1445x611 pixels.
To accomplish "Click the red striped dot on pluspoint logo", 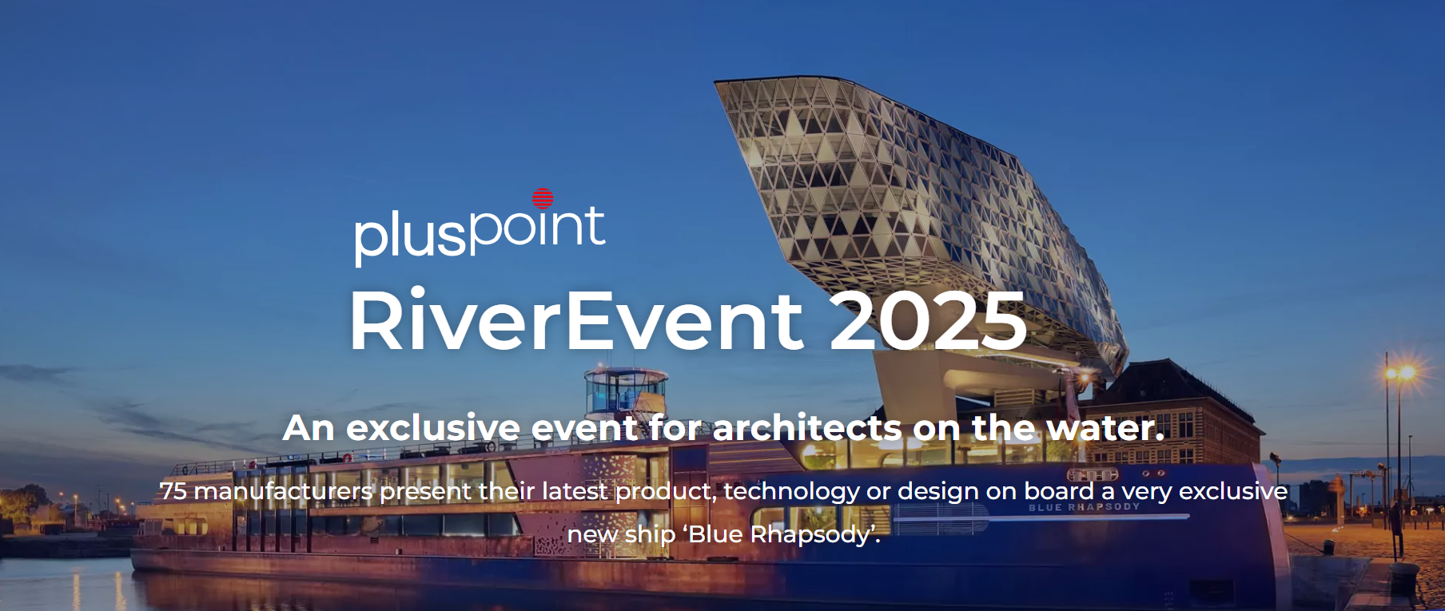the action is [x=543, y=198].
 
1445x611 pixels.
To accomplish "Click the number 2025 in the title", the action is [x=928, y=320].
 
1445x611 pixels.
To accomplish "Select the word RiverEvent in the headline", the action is [x=576, y=320].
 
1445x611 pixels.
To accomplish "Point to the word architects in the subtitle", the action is [x=807, y=428].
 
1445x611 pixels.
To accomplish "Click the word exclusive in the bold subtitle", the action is [x=433, y=428].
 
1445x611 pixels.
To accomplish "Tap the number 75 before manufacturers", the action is [x=173, y=490].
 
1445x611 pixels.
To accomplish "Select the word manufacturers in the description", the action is [x=283, y=490].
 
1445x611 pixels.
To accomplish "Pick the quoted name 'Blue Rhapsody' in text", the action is [x=780, y=534].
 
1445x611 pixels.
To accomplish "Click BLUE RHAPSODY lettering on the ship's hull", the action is [x=1084, y=507].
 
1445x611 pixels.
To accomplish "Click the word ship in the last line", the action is [x=650, y=534].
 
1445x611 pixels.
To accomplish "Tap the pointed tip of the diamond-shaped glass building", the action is [x=716, y=81].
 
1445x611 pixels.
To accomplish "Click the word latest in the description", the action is [x=575, y=490].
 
